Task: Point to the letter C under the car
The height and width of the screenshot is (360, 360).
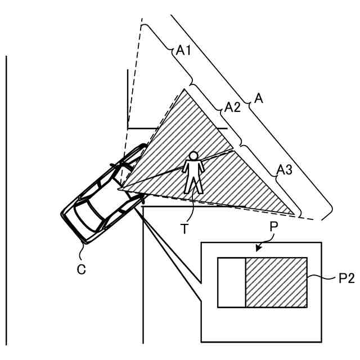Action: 82,269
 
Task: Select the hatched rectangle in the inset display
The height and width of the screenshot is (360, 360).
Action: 276,282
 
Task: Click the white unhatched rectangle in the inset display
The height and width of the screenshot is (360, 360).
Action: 231,282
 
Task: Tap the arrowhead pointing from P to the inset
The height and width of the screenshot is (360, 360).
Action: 258,247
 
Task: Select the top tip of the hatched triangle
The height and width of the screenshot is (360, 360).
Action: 184,89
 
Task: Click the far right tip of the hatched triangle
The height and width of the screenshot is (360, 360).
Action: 295,214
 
